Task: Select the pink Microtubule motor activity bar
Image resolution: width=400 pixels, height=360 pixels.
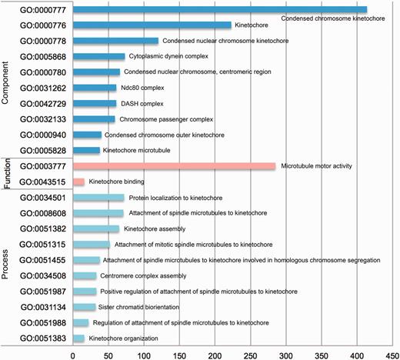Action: pyautogui.click(x=145, y=165)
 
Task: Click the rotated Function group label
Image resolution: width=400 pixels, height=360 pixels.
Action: pyautogui.click(x=7, y=173)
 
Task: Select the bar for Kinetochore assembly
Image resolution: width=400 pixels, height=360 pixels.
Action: pyautogui.click(x=95, y=228)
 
